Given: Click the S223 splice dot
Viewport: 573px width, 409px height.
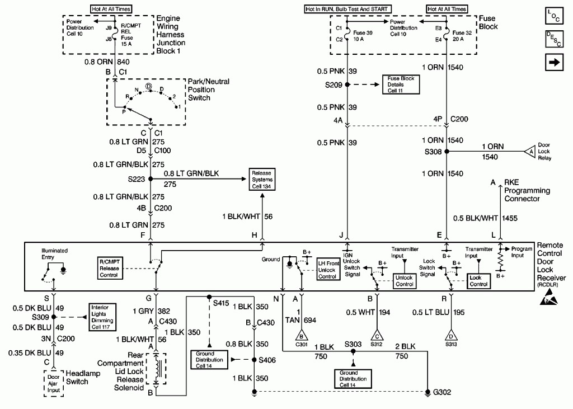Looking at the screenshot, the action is tap(150, 179).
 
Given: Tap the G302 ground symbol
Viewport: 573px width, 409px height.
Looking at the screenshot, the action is tap(428, 393).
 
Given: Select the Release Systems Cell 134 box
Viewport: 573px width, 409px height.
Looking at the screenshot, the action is tap(262, 180).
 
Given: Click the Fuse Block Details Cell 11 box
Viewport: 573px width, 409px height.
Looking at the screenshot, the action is tap(401, 84).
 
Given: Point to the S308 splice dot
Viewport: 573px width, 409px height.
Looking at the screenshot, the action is tap(446, 151).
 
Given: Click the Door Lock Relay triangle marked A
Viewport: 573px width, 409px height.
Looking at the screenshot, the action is tap(530, 151).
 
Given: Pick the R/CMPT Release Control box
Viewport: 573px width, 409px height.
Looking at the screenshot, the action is tap(109, 268).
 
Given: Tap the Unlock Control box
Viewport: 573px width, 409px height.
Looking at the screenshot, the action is tap(404, 281).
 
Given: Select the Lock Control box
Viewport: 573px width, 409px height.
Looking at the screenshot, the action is tap(478, 281).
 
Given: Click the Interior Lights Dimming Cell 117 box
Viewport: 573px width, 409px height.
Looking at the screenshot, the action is tap(102, 317).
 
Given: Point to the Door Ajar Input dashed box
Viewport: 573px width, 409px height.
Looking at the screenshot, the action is tap(53, 383).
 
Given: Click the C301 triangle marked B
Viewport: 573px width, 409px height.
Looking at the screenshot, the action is tap(302, 335).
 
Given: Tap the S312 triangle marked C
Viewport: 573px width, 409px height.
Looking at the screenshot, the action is tap(377, 335).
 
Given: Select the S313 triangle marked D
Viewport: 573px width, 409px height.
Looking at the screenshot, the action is tap(452, 335).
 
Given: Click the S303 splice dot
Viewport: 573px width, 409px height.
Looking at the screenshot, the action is tap(353, 351).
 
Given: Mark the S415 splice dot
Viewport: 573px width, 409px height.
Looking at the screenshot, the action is tap(209, 297).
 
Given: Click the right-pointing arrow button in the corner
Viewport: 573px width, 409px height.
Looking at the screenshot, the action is tap(554, 62).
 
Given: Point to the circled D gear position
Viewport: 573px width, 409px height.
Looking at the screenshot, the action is tap(149, 86).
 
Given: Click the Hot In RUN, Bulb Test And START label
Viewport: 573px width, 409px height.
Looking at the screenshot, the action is tap(347, 9).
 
